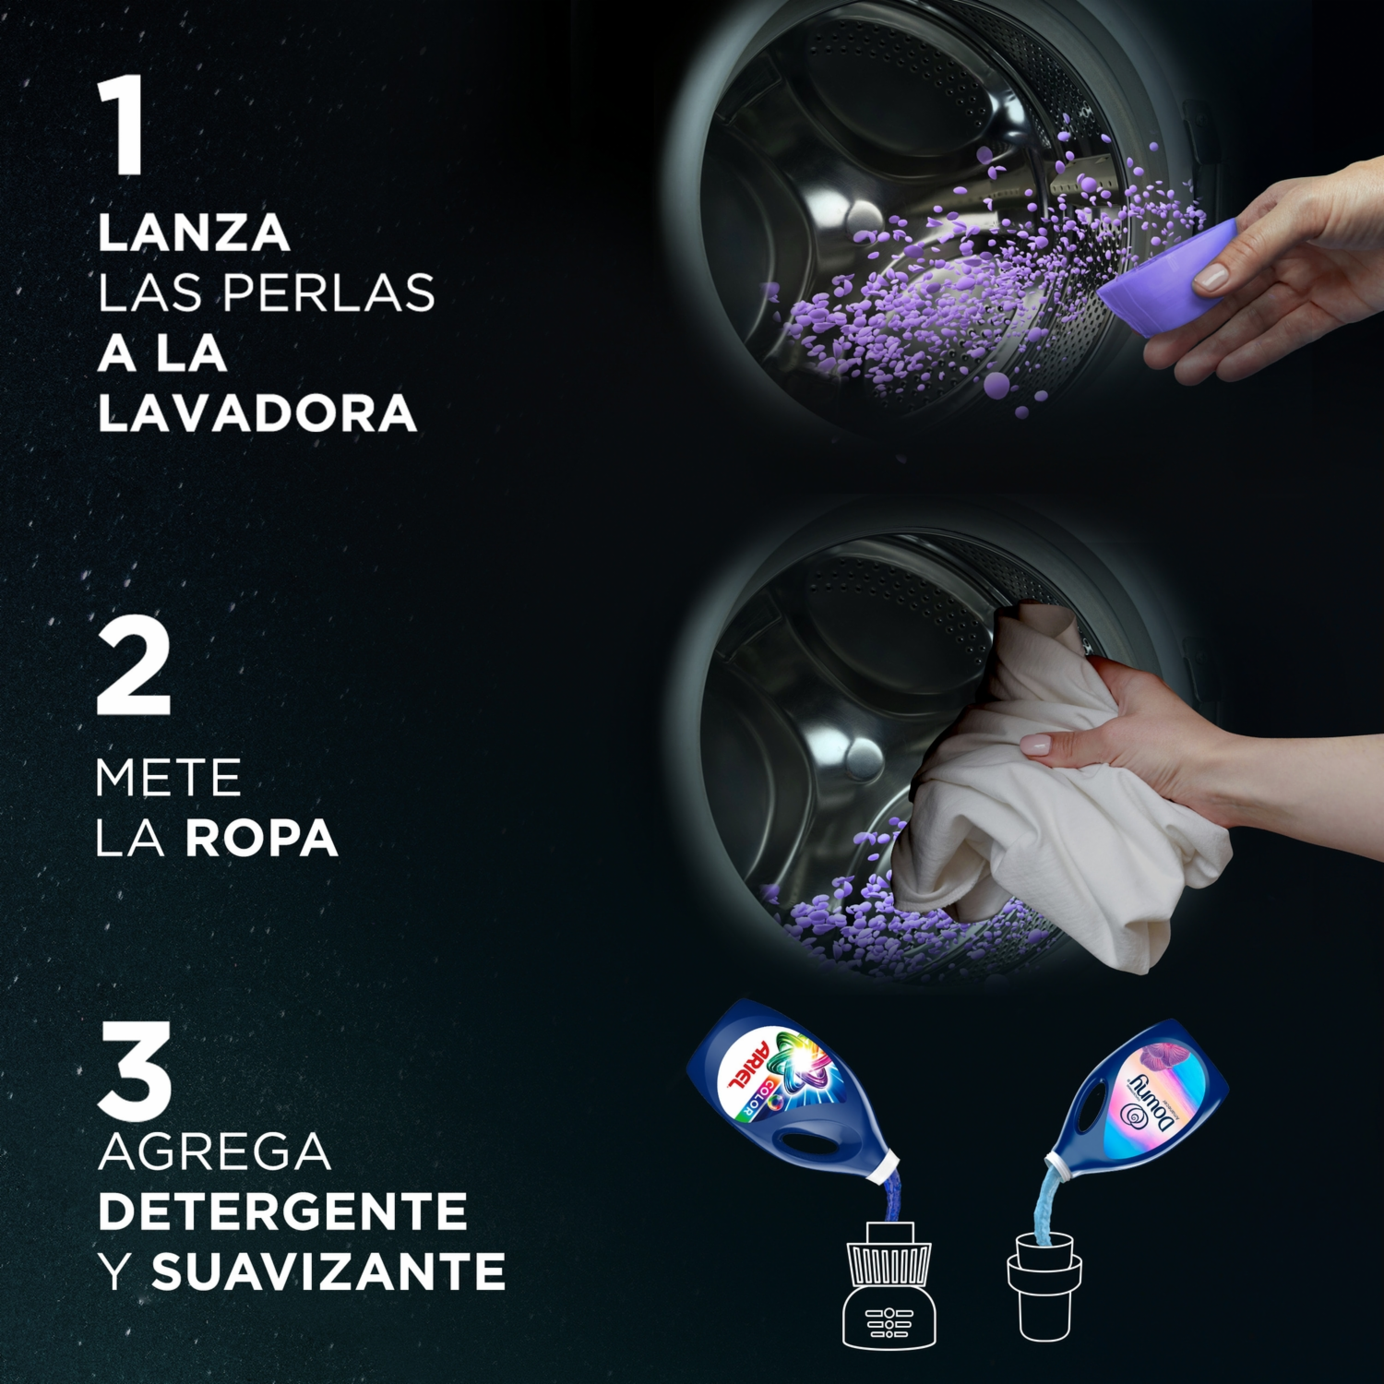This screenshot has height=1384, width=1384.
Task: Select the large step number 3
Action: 135,1070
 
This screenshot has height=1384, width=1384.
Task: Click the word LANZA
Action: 194,233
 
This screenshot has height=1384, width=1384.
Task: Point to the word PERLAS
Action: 328,293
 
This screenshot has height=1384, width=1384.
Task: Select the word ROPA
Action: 262,838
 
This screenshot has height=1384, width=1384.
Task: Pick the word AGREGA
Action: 214,1151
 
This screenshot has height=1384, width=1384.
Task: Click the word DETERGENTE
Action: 282,1211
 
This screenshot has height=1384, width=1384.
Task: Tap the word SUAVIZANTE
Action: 328,1271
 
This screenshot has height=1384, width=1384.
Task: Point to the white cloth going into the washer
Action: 1052,793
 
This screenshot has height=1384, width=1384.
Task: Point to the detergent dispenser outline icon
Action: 889,1284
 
